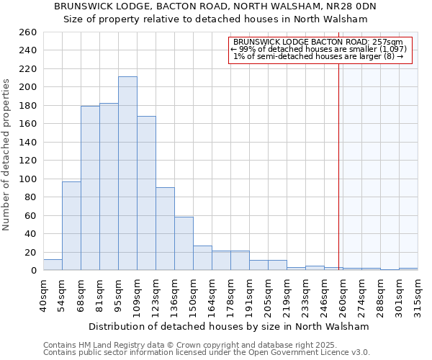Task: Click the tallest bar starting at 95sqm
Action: [127, 174]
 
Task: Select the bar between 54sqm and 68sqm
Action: [71, 226]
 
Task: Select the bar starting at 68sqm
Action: [90, 188]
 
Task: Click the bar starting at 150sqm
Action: [202, 258]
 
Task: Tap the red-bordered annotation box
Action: [320, 50]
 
